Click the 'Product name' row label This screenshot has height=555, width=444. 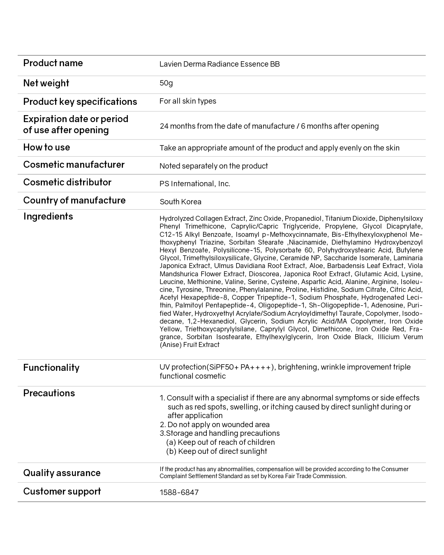(x=53, y=63)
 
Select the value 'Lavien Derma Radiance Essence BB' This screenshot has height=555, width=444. (x=220, y=64)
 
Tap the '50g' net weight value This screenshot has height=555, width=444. (x=166, y=83)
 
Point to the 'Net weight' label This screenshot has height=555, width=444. (x=46, y=83)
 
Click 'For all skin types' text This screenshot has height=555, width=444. (x=188, y=101)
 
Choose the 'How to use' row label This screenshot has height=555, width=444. (x=46, y=147)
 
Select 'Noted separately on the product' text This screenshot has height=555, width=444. (x=214, y=166)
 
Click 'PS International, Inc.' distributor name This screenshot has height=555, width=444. (x=195, y=184)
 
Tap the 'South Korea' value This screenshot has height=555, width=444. (x=180, y=202)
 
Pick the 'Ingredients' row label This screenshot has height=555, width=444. (x=48, y=217)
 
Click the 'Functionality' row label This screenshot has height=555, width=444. (x=51, y=368)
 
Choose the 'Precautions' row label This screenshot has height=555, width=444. (x=49, y=393)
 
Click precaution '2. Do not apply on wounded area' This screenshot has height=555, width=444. (x=215, y=425)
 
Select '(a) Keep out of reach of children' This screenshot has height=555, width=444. (x=220, y=442)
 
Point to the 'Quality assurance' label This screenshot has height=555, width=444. (x=62, y=473)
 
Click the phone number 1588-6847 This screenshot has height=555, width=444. (x=179, y=493)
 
